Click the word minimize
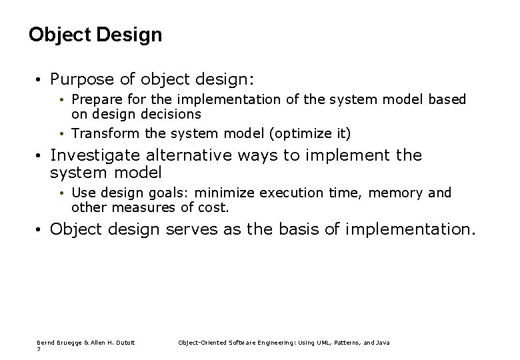tap(223, 193)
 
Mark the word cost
tap(214, 207)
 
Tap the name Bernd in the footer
tap(45, 343)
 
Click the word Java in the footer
tap(383, 343)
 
